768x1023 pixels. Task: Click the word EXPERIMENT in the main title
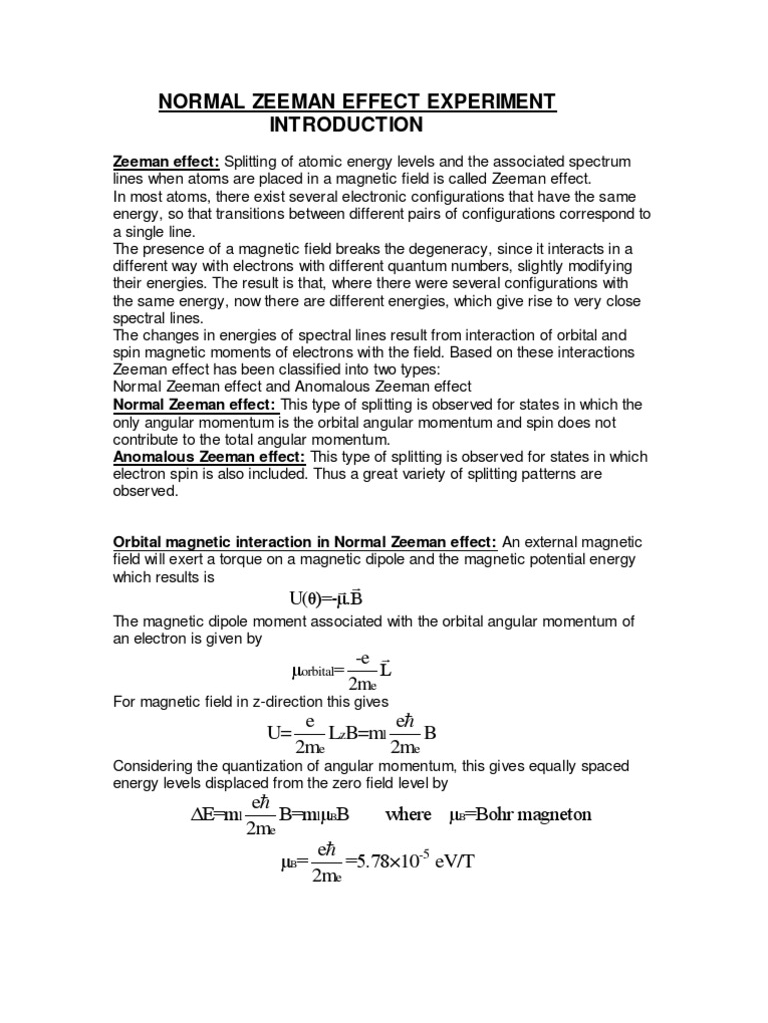[x=473, y=101]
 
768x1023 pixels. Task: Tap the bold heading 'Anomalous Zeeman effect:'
[x=208, y=456]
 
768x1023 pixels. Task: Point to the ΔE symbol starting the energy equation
[x=203, y=814]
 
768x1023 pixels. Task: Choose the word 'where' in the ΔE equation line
[x=408, y=814]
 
